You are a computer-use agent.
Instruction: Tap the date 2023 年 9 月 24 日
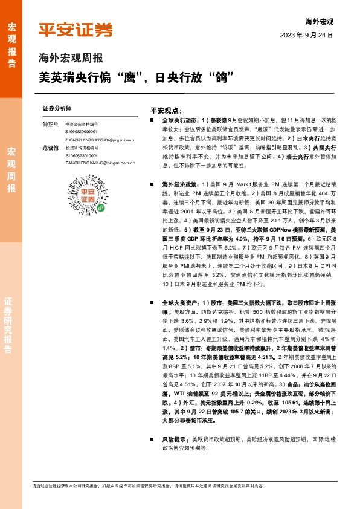point(306,36)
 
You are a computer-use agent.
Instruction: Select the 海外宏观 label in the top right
point(320,21)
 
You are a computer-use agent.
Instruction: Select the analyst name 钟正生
point(50,124)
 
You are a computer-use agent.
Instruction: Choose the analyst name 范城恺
point(50,148)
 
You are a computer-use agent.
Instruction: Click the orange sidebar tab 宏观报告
point(11,40)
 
